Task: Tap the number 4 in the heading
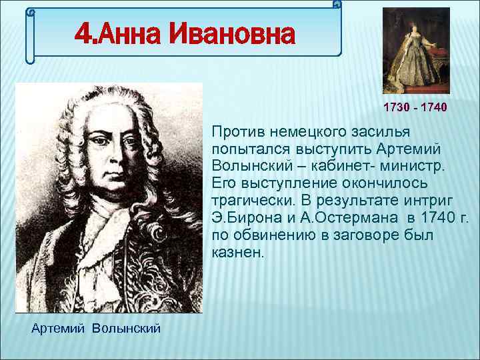pyautogui.click(x=82, y=34)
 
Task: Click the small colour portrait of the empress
pyautogui.click(x=416, y=50)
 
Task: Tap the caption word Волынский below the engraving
pyautogui.click(x=127, y=329)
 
